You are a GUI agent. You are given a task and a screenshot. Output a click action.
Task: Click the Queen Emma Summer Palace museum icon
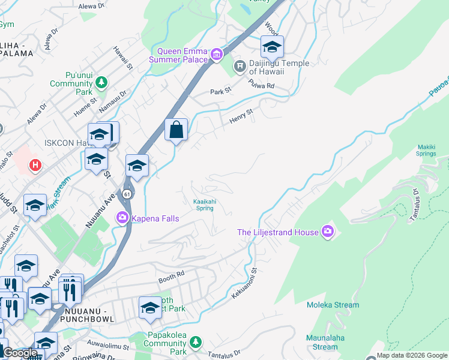tap(217, 56)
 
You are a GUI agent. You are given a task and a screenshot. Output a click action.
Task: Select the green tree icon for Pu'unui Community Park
tap(102, 82)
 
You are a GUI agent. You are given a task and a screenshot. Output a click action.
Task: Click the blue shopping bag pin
tap(176, 130)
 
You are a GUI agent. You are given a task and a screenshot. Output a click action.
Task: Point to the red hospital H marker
tap(35, 165)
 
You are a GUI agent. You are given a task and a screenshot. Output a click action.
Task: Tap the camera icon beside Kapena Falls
tap(122, 217)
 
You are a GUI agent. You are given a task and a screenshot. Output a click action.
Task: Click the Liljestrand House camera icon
tap(327, 232)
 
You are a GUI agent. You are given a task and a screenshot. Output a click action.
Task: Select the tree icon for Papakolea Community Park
tap(194, 341)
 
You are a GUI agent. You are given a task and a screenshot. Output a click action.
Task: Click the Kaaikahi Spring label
tap(203, 205)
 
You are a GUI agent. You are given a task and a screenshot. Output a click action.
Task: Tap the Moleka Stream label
tap(333, 305)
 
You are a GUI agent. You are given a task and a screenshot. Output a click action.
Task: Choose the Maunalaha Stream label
tap(325, 342)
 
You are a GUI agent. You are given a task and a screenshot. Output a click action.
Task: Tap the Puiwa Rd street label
tap(262, 86)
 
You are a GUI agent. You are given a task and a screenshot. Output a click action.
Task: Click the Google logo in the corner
tap(20, 353)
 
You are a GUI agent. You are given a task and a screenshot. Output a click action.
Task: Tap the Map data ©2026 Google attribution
tap(412, 355)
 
